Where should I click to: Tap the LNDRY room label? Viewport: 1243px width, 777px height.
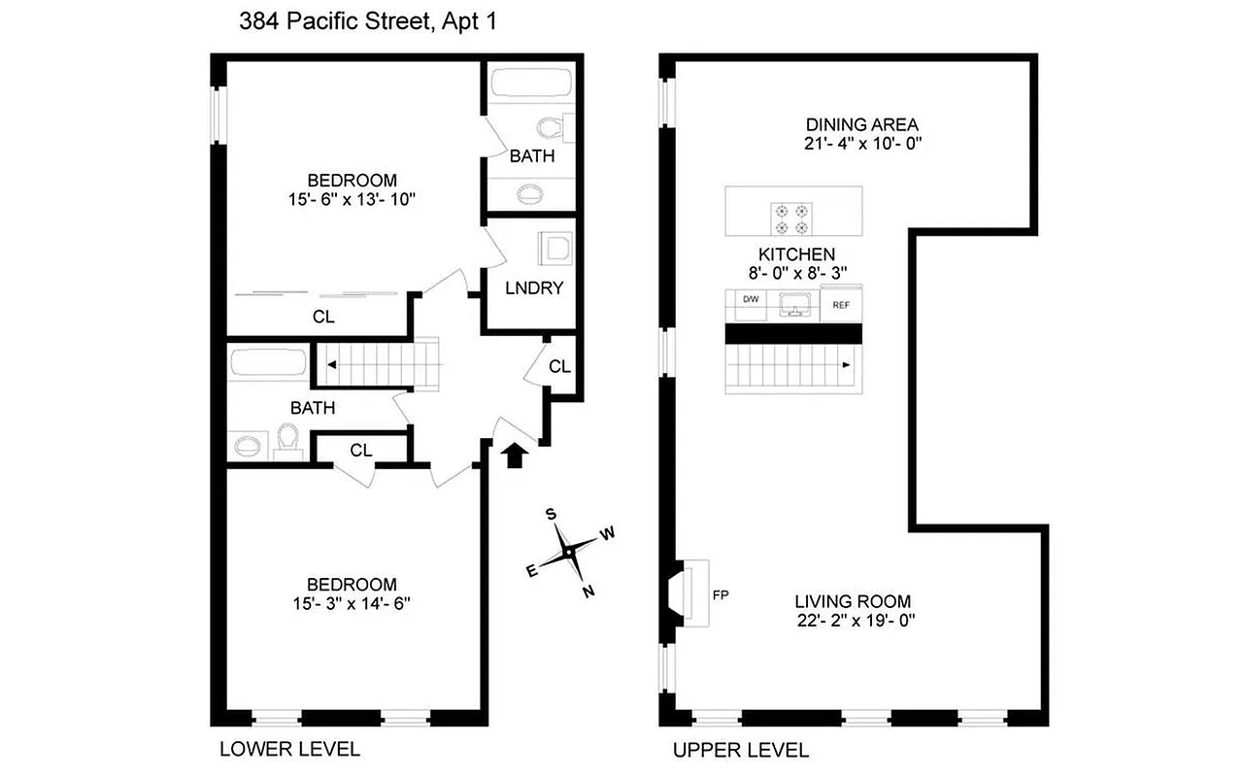[x=534, y=288]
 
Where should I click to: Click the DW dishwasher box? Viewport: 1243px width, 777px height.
[x=751, y=300]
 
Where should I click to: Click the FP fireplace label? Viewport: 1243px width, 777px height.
[x=721, y=593]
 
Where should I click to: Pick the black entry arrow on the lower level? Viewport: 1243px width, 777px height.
[x=516, y=455]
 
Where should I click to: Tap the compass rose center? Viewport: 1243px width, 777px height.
[x=570, y=551]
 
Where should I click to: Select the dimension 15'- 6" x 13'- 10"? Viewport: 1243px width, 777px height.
[x=352, y=199]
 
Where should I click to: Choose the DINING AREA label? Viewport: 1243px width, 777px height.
[x=861, y=124]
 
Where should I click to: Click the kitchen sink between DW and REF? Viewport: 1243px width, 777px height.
[x=794, y=304]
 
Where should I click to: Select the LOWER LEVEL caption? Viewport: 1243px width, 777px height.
[x=288, y=749]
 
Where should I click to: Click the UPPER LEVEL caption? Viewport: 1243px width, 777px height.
[x=740, y=750]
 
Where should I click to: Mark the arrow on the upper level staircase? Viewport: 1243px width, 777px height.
[x=847, y=366]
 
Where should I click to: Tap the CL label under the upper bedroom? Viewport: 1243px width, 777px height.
[x=323, y=316]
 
